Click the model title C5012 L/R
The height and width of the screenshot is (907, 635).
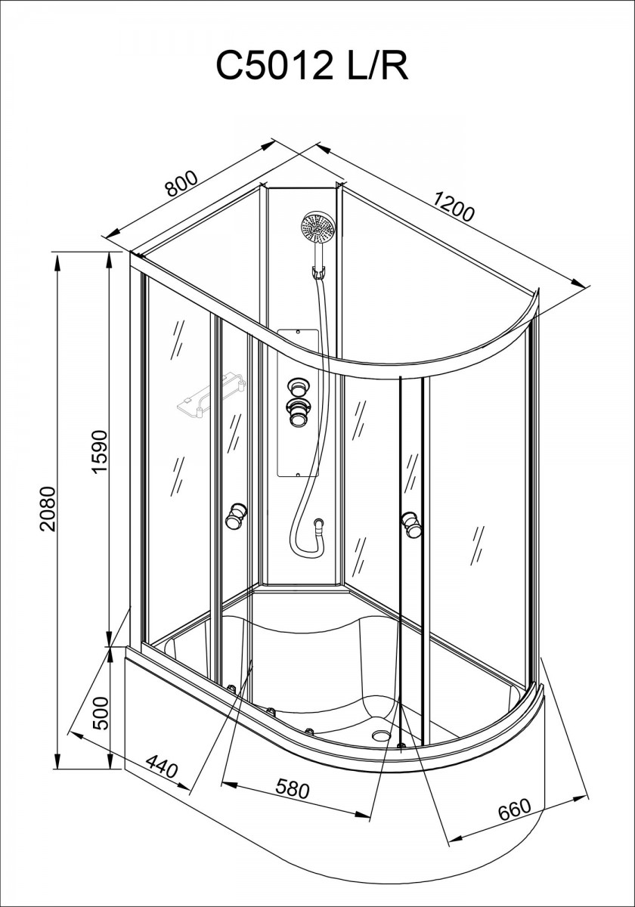312,65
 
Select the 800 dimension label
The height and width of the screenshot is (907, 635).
181,184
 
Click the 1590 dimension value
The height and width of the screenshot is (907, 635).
100,451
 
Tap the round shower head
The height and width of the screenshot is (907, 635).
318,228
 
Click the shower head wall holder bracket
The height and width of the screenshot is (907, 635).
319,273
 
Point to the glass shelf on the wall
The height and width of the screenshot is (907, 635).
212,396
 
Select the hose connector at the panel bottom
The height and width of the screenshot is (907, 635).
320,524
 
